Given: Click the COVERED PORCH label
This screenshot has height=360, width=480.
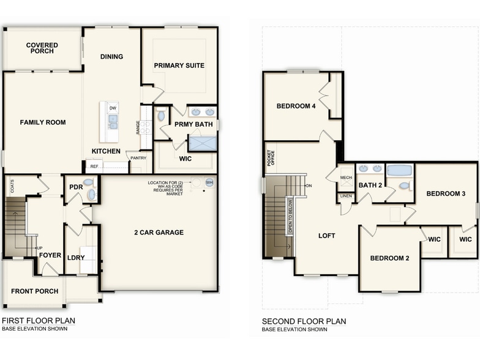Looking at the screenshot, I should click(42, 48).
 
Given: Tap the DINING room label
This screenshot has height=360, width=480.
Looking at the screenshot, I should click(111, 57).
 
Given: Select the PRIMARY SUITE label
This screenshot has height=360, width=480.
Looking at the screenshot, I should click(179, 66).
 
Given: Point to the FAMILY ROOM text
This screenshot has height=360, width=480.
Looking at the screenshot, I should click(42, 122).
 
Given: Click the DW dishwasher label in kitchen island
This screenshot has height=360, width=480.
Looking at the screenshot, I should click(113, 108).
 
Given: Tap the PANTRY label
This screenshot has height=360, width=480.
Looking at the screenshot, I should click(138, 158).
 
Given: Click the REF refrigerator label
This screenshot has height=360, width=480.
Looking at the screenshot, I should click(94, 166).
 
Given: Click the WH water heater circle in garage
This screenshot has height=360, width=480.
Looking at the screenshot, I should click(209, 182).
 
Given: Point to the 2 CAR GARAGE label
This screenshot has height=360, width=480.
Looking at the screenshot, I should click(159, 233).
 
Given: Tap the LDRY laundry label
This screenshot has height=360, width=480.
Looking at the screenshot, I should click(76, 257).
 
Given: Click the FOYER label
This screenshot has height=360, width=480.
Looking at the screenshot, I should click(50, 255).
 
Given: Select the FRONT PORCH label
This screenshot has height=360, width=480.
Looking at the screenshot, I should click(34, 291).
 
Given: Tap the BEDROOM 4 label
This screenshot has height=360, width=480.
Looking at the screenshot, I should click(296, 106).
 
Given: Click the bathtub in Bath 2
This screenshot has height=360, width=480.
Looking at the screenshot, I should click(400, 170).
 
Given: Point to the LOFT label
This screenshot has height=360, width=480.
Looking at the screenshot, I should click(327, 236).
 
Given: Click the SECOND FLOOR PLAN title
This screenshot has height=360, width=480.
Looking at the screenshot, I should click(304, 321).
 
